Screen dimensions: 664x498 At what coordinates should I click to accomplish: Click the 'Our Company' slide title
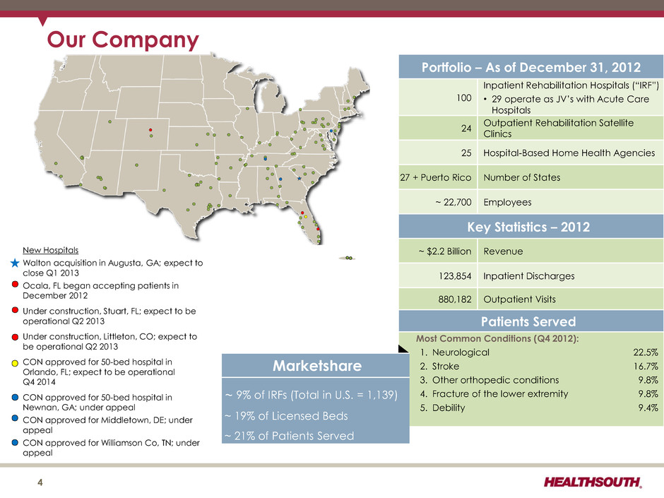123,40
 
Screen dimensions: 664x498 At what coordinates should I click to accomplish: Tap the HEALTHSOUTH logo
593,482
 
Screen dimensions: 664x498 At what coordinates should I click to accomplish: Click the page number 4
40,482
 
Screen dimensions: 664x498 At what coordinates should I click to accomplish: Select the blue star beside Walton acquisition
15,263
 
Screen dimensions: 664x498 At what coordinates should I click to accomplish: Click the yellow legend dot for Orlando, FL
15,363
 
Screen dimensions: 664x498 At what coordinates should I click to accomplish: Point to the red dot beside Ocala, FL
15,284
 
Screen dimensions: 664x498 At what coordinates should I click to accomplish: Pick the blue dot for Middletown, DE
15,418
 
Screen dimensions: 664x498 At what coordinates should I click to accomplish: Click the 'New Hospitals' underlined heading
50,250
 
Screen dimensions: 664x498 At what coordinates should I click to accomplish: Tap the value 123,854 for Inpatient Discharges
455,276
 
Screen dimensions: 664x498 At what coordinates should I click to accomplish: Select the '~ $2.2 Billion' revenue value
445,251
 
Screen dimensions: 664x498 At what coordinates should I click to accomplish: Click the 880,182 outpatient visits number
455,300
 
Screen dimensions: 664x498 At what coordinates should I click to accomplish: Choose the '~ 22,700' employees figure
453,203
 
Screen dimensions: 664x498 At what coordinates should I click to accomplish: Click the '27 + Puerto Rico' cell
436,177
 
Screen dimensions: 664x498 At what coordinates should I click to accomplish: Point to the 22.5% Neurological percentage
646,352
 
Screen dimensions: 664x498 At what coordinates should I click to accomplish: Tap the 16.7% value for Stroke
646,367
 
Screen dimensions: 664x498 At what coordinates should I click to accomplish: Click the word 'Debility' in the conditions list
449,408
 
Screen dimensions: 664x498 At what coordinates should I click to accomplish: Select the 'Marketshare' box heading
317,365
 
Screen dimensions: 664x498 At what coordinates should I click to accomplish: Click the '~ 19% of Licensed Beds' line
286,416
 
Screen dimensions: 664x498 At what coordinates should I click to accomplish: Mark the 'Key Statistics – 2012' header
528,227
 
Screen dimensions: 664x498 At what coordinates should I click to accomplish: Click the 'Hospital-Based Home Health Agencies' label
569,153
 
